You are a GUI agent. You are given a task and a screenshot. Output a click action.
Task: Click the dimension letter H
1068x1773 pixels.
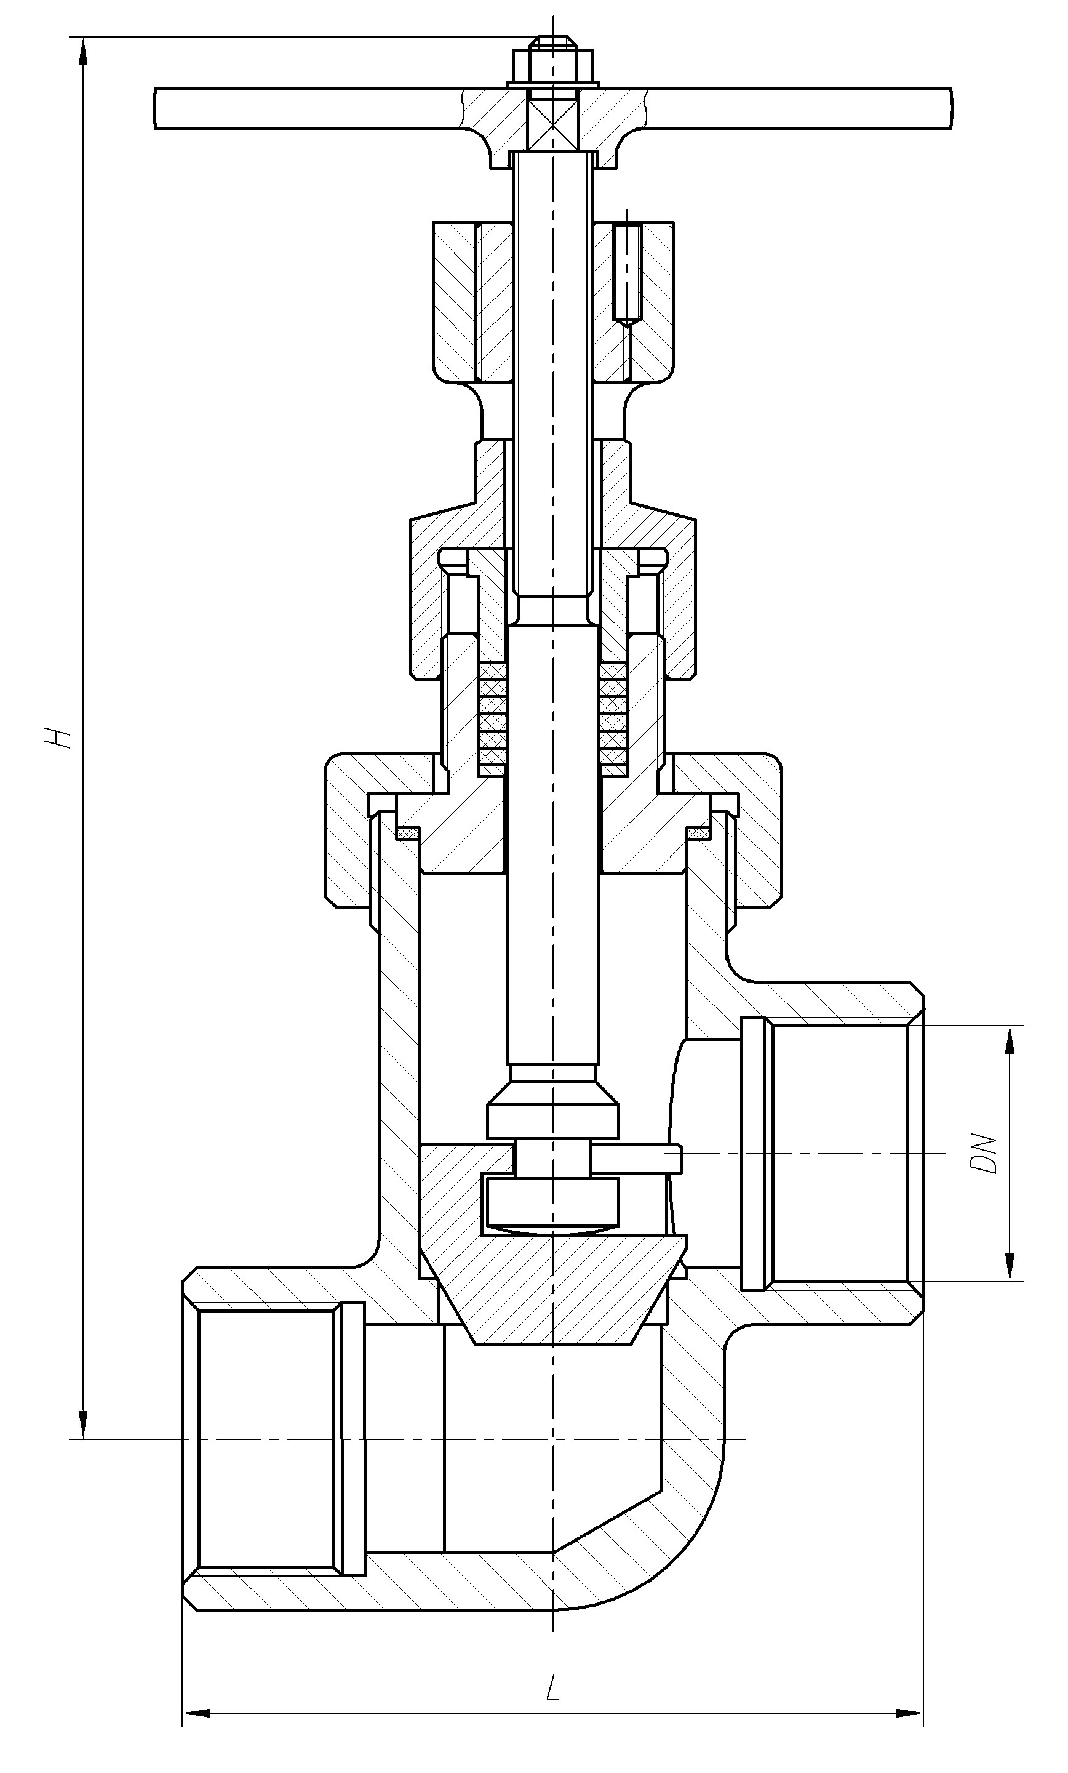point(58,736)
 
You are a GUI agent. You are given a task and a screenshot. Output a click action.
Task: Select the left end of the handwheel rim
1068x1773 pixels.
point(156,108)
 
